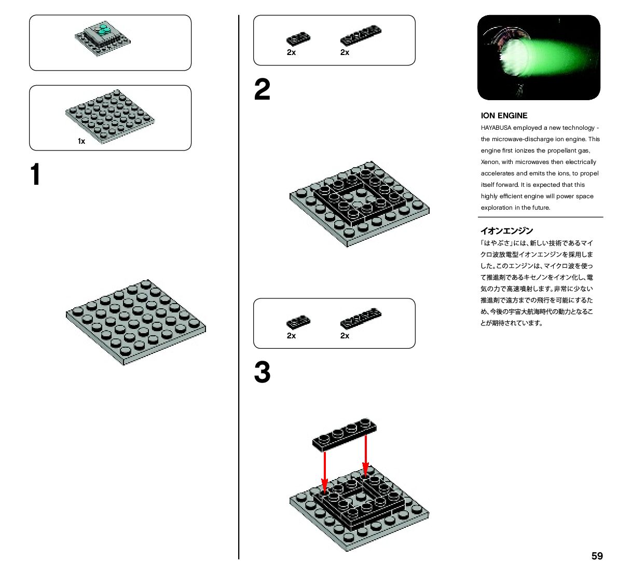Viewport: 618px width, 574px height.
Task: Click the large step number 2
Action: (x=262, y=90)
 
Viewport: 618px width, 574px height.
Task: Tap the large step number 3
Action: (x=262, y=373)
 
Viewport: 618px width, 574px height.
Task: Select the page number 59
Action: (x=597, y=556)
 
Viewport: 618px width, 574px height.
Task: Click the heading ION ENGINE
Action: (x=504, y=116)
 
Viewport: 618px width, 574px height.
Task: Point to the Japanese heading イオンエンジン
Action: (x=506, y=231)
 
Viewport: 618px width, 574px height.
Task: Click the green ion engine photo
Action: (x=539, y=58)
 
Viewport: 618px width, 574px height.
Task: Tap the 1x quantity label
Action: (x=81, y=141)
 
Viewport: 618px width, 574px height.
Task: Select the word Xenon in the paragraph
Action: (x=489, y=162)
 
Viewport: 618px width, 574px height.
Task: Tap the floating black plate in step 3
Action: (x=345, y=433)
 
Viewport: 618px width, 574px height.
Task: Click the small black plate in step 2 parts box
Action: (x=298, y=38)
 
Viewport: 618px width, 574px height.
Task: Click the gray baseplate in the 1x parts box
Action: (x=110, y=115)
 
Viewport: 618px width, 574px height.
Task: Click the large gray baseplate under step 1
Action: (x=135, y=322)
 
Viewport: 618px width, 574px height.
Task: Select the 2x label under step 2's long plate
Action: (x=345, y=52)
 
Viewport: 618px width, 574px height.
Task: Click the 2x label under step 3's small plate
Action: (x=291, y=336)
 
